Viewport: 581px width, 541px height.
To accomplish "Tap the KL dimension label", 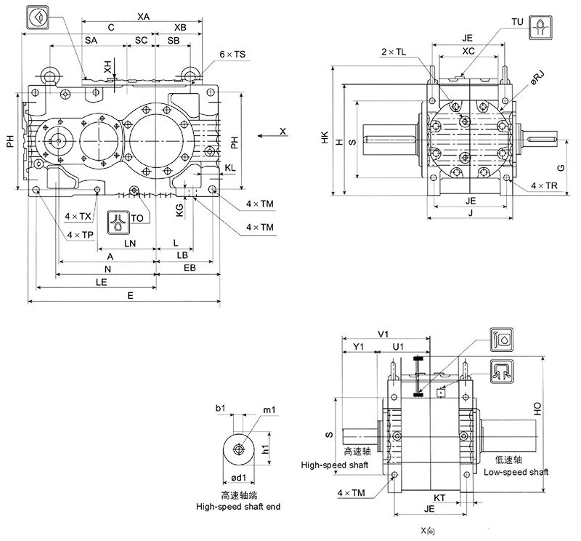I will [x=229, y=168].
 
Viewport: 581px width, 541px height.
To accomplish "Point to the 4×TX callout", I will [x=78, y=217].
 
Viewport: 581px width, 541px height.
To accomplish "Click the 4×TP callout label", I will [x=78, y=234].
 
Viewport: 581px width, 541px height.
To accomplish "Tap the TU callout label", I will [x=517, y=22].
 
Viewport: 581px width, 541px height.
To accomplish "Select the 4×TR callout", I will [x=543, y=186].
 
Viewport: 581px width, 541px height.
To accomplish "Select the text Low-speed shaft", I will [x=513, y=472].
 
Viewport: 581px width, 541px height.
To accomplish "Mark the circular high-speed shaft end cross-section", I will [x=237, y=449].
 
